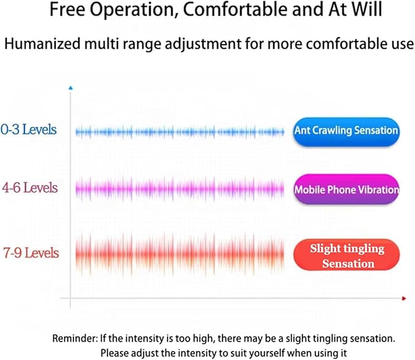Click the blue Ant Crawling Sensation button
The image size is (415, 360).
[x=347, y=131]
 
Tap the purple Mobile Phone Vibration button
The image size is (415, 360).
[x=347, y=189]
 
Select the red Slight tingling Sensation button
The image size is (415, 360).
[x=347, y=255]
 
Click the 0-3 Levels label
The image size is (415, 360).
[x=29, y=130]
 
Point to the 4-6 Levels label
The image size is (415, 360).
[x=30, y=188]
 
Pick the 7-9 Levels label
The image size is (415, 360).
[x=31, y=252]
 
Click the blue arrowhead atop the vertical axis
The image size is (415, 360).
[x=70, y=88]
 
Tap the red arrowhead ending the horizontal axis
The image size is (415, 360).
[x=404, y=299]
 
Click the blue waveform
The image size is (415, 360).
[x=180, y=131]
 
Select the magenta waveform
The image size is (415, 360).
[x=180, y=189]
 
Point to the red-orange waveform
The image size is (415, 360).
[x=180, y=255]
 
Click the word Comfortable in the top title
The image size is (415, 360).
[x=235, y=10]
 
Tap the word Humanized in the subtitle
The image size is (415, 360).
[x=42, y=43]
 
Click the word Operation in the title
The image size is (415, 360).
[x=134, y=10]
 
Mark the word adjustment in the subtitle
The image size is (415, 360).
[x=203, y=44]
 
